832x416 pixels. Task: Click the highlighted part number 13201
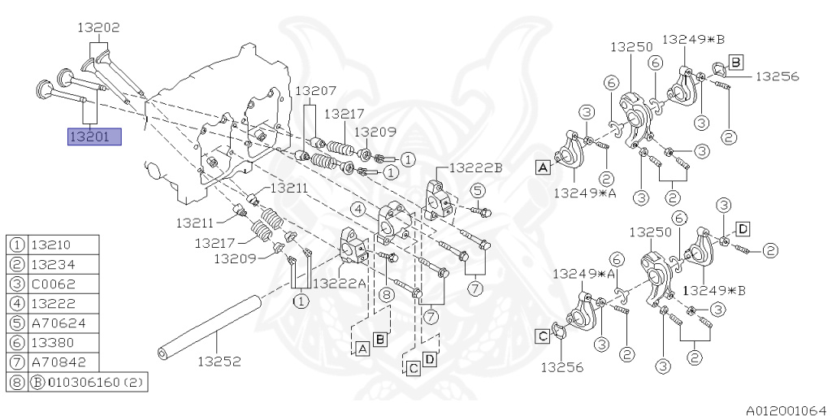(93, 136)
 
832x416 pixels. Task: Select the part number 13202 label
(98, 28)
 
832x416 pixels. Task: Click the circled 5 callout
(478, 190)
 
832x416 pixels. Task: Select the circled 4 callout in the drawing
(358, 209)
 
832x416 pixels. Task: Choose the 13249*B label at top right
(693, 38)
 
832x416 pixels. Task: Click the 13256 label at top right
(778, 76)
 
